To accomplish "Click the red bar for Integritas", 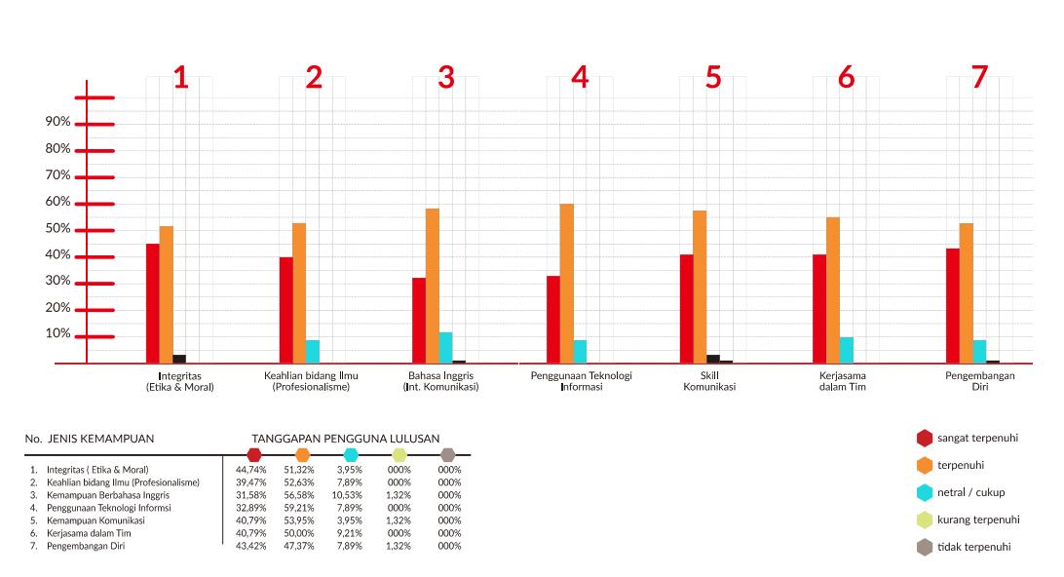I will [153, 303].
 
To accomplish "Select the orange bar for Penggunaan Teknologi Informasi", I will [567, 283].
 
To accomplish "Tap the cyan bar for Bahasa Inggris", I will [446, 347].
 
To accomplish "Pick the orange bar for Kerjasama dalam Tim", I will [833, 289].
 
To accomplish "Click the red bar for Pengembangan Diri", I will [953, 305].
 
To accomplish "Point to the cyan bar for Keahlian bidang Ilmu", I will [313, 351].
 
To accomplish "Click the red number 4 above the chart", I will [580, 78].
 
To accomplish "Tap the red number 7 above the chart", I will [979, 78].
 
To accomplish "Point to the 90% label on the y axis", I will [57, 122].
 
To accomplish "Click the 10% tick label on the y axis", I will [57, 333].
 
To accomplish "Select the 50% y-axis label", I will [57, 228].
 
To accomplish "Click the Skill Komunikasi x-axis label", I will [709, 381].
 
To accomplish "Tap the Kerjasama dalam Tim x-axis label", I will [844, 381].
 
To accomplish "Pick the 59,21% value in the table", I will [302, 508].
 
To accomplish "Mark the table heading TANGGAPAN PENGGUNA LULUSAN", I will [345, 439].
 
